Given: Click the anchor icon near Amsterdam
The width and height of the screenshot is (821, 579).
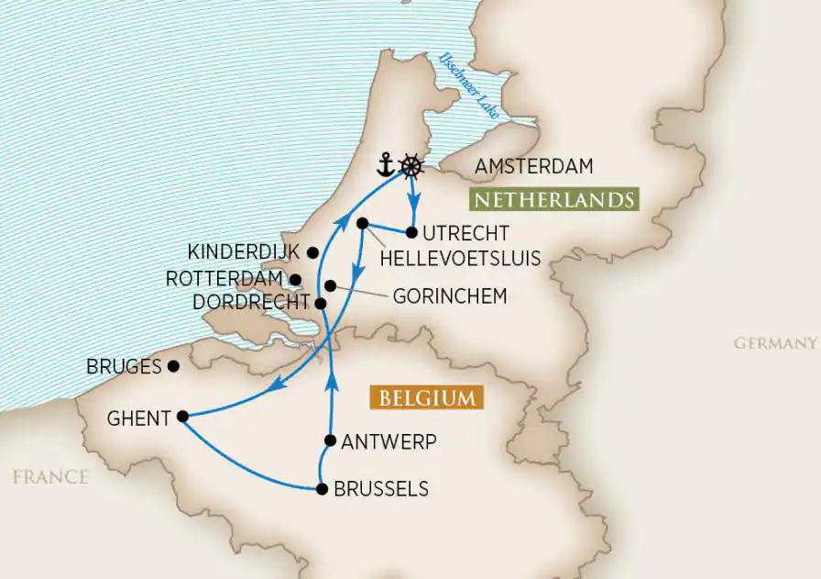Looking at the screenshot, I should pos(387,166).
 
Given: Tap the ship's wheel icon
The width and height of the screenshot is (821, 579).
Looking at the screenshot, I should pos(413,166).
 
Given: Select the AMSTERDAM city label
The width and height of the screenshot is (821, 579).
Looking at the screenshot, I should pos(534,166).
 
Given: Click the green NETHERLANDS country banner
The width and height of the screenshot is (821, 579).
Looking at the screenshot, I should pos(551,199).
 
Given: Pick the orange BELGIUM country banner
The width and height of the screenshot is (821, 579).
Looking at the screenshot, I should pos(427,397).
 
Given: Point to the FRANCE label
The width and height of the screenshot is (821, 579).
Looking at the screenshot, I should pos(50,477).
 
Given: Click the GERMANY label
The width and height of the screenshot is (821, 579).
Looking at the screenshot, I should pos(774,343).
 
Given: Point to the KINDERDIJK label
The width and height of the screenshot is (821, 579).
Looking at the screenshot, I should pos(243,251).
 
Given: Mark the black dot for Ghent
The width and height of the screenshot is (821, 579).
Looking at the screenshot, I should pos(182,417).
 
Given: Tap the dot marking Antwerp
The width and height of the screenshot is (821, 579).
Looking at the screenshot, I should pos(330,441).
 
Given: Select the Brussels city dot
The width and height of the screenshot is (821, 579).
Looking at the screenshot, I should pos(322,489).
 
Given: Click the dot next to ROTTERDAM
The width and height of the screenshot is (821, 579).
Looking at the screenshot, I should pos(295,279).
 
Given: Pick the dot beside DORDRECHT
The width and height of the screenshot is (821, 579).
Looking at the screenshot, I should pos(320,303).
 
